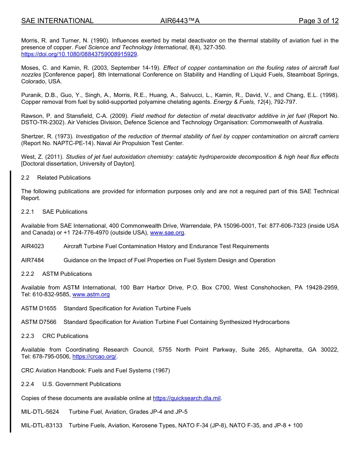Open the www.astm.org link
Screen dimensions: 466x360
[x=91, y=294]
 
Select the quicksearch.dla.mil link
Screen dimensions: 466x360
[x=186, y=398]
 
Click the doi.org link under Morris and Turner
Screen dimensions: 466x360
[x=79, y=54]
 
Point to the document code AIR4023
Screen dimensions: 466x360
[x=33, y=246]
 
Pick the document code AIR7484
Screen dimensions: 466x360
[x=33, y=260]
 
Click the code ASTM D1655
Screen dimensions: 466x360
[x=39, y=308]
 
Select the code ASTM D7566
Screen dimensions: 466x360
[x=39, y=322]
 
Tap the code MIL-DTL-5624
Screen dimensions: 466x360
[x=40, y=412]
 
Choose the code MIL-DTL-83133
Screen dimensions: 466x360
[x=42, y=425]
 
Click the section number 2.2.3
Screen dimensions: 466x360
[x=28, y=336]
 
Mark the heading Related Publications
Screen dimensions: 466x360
[x=64, y=178]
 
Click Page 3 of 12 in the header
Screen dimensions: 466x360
[x=318, y=21]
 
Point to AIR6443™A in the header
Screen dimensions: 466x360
[x=180, y=21]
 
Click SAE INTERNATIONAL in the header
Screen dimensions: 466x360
[x=57, y=21]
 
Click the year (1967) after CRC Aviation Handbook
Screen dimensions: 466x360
[x=161, y=371]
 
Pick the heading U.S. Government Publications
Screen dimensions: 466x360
[x=81, y=384]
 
